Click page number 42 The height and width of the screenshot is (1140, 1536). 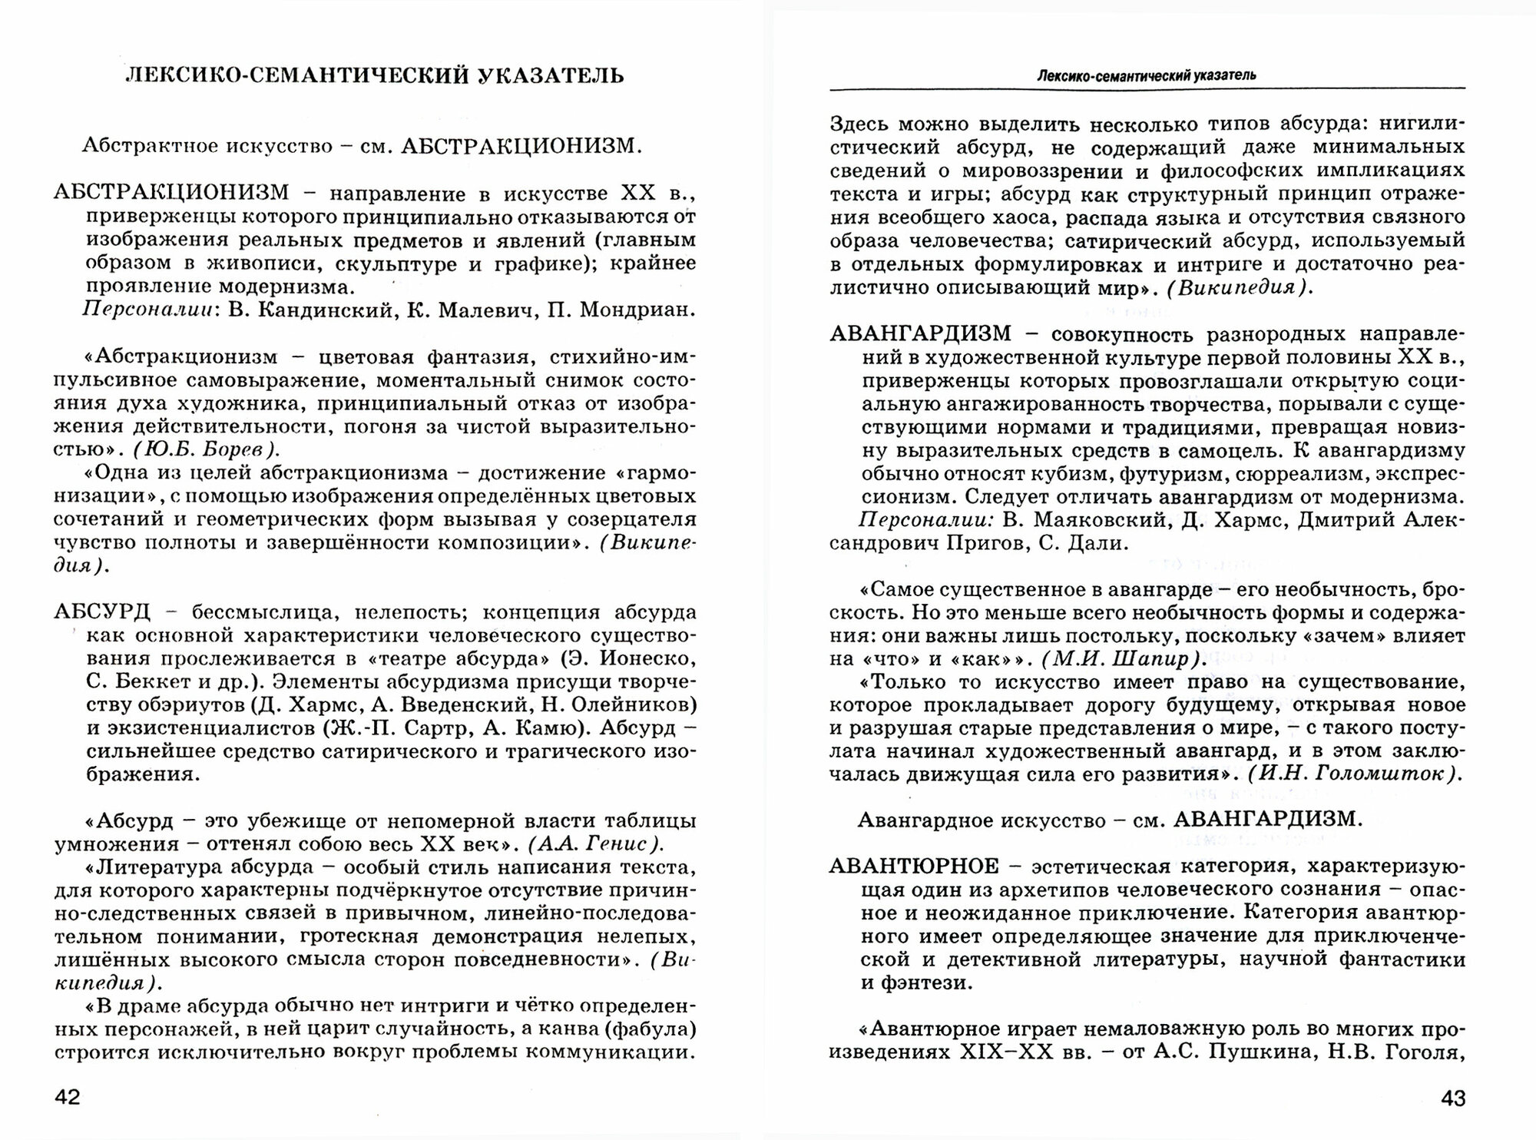click(68, 1098)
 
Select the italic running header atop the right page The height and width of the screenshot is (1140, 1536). click(1146, 75)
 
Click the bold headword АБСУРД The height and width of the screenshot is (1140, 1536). click(102, 612)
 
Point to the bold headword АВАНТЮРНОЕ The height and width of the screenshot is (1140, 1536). click(914, 867)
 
